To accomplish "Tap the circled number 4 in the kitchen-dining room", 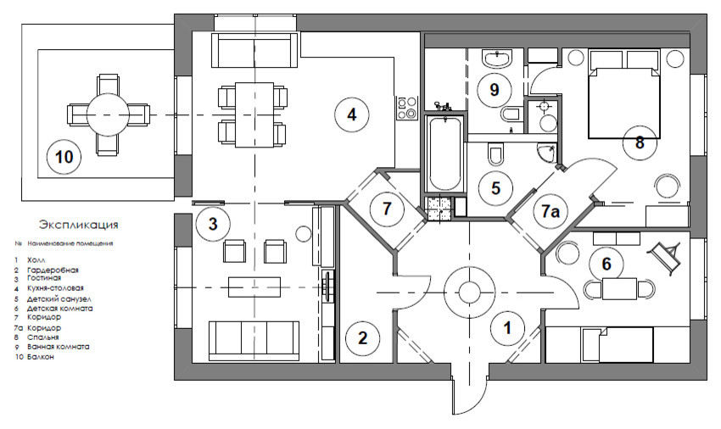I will (349, 113).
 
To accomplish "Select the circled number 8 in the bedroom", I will (639, 142).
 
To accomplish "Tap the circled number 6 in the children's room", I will (606, 264).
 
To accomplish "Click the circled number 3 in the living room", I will (214, 225).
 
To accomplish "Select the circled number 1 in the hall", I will (507, 325).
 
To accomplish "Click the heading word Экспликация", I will (78, 226).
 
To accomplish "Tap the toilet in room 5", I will (496, 153).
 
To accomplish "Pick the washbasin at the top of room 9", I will (495, 58).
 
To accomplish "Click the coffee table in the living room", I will (254, 284).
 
